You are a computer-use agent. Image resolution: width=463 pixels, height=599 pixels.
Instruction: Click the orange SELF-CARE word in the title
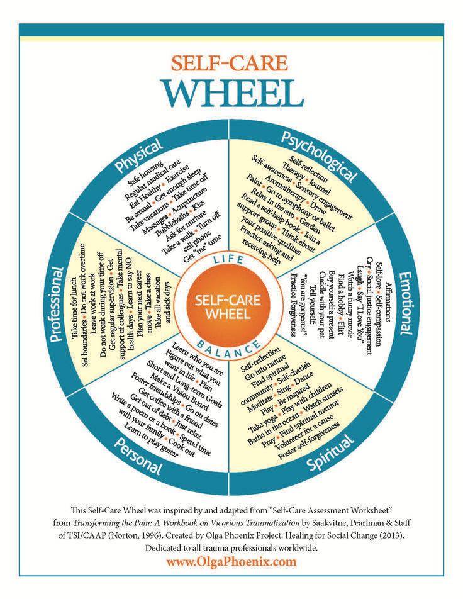click(229, 63)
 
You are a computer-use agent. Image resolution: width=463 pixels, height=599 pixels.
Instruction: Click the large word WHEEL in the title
click(233, 94)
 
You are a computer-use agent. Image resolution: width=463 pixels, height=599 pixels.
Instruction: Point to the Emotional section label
click(406, 303)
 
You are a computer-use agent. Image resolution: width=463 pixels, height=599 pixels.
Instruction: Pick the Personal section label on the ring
click(138, 457)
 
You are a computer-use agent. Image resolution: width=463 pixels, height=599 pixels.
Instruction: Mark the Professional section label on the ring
click(56, 305)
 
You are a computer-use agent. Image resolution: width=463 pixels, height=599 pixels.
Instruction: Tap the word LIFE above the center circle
click(228, 260)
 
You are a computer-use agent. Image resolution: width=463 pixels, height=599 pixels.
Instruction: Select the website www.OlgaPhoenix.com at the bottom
click(231, 561)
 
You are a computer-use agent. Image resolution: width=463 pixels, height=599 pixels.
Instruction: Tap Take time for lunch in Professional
click(74, 308)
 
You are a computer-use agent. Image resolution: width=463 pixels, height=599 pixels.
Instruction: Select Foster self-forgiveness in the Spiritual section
click(309, 441)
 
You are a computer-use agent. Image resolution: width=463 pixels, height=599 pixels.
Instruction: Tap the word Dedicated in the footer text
click(161, 548)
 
